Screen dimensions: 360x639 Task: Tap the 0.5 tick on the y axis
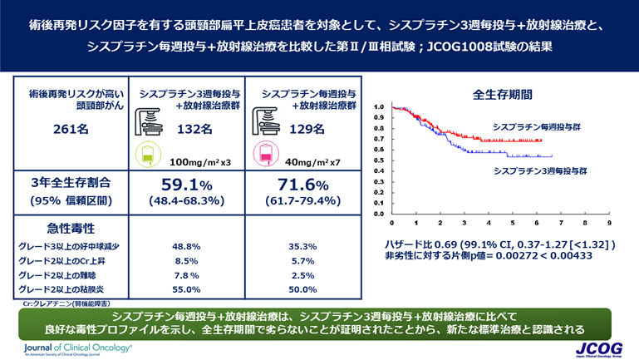378,160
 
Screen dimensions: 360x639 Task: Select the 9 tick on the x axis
609,223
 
